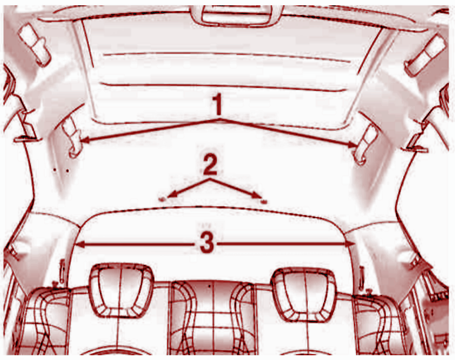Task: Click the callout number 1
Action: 217,104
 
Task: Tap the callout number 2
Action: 210,165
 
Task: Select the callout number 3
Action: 207,242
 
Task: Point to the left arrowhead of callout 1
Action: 84,141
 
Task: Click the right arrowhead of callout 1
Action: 353,144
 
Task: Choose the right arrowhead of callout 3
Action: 351,243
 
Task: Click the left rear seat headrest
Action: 121,291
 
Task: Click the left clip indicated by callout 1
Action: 72,137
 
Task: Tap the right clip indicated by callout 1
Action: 365,143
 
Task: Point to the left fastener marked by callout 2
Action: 162,199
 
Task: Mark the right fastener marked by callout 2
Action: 264,201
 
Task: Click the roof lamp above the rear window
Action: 237,15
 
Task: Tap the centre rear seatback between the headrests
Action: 212,317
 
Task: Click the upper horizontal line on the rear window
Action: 227,57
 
